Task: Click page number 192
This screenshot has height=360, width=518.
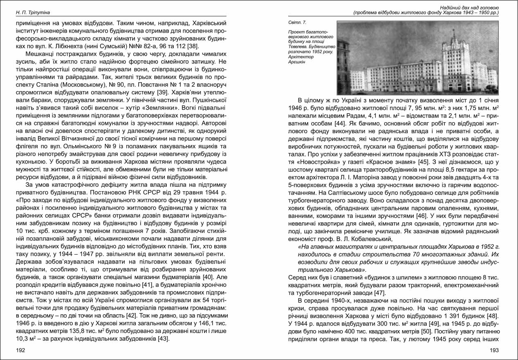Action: coord(20,350)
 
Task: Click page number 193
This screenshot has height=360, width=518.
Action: coord(494,350)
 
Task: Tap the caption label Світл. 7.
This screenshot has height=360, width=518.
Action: coord(297,21)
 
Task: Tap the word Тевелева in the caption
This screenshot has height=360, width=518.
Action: coord(298,47)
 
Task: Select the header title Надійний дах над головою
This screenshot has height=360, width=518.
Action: coord(469,7)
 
